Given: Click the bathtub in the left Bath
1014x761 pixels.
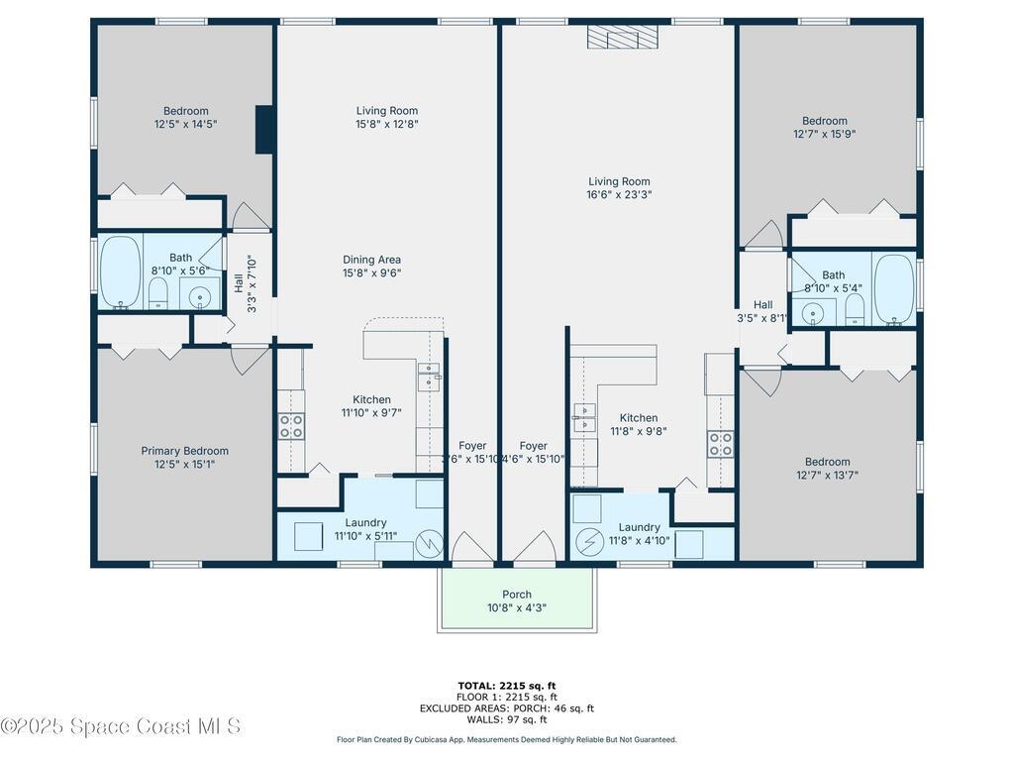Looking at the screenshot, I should (120, 272).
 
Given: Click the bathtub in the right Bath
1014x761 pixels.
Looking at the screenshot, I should (894, 287).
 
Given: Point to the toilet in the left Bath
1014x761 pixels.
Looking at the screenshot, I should (156, 293).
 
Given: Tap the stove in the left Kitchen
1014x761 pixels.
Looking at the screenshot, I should (291, 426).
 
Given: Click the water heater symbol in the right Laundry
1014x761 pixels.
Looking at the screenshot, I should (589, 542).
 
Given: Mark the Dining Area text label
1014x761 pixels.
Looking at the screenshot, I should (371, 260).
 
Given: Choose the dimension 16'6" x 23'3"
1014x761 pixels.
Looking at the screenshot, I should (619, 195).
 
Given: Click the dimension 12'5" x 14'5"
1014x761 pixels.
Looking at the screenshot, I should (185, 125).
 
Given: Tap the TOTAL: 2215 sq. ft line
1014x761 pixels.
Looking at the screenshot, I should (506, 686).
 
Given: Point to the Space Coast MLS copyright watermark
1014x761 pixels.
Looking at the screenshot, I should (121, 727).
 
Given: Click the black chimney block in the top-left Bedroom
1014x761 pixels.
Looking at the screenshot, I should (265, 130).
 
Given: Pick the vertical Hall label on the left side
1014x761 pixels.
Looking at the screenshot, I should (239, 283).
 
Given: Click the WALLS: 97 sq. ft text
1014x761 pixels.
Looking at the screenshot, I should (506, 719).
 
